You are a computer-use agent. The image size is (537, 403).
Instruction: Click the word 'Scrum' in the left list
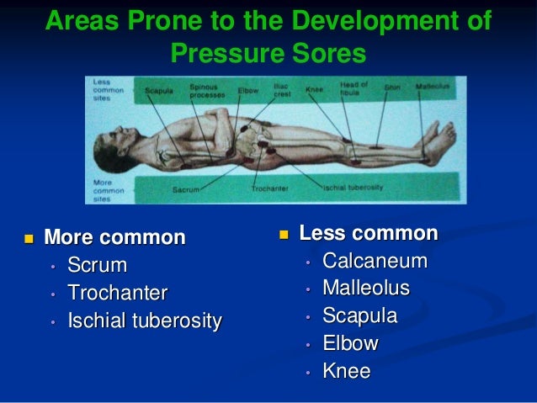point(97,266)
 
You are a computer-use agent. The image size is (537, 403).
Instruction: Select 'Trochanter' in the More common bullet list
point(118,294)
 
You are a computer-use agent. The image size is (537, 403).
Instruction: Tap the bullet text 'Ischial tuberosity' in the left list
point(145,321)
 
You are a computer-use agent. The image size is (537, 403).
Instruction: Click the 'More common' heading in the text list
point(114,238)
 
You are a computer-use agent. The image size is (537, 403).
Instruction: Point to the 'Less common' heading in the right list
point(369,233)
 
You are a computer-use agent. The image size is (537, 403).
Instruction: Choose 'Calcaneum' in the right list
point(375,261)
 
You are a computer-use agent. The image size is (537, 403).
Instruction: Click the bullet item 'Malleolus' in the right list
point(366,289)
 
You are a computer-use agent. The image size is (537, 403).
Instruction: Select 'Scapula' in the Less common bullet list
point(360,316)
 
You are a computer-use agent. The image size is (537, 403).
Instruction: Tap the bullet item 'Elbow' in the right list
point(350,343)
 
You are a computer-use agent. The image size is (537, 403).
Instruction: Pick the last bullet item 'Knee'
point(347,371)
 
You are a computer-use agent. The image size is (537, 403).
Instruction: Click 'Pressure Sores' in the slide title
point(268,55)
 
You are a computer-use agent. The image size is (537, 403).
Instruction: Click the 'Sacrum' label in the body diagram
point(186,191)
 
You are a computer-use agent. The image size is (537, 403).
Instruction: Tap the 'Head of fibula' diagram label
point(354,88)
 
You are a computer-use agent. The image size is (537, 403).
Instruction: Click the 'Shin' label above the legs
point(392,86)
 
